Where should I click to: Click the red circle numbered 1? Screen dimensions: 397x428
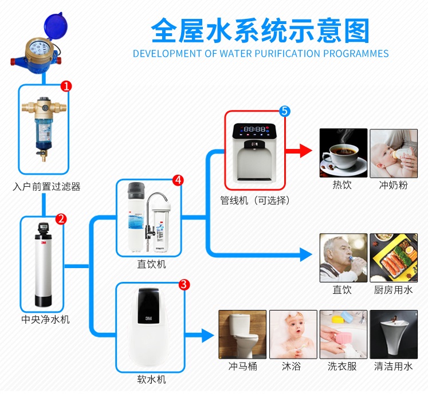click(66, 86)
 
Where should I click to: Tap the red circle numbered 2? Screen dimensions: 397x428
click(61, 218)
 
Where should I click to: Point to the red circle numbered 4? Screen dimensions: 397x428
click(178, 180)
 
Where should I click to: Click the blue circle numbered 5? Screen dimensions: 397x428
click(285, 111)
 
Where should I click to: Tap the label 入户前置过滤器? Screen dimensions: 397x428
click(47, 187)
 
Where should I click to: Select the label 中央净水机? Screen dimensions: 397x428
click(45, 319)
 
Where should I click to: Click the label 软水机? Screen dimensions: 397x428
click(151, 379)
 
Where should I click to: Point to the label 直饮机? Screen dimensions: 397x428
click(151, 264)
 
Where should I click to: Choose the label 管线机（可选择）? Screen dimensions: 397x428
click(255, 201)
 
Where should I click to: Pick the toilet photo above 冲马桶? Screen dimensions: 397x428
click(242, 335)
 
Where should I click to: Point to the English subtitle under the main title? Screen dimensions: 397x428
click(261, 54)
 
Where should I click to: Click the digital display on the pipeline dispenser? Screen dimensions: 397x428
click(255, 129)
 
